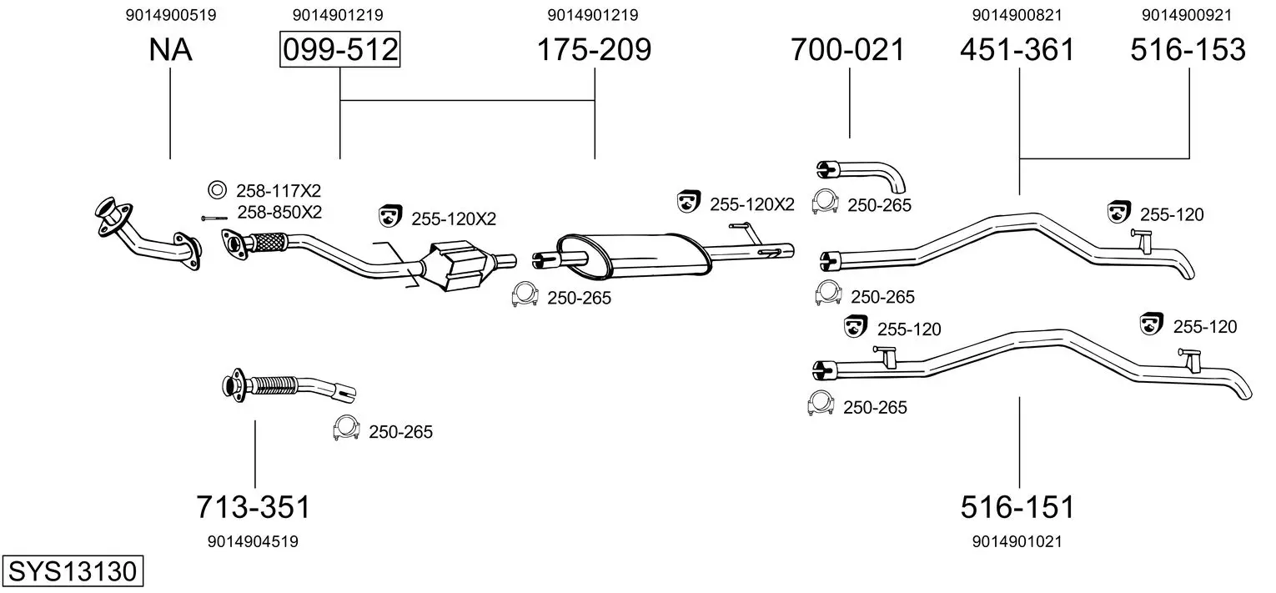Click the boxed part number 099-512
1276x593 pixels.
pyautogui.click(x=340, y=49)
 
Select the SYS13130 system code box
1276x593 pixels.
pyautogui.click(x=73, y=570)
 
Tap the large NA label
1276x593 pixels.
pyautogui.click(x=170, y=49)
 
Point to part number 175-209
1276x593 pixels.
pyautogui.click(x=594, y=49)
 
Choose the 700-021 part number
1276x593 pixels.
pyautogui.click(x=847, y=49)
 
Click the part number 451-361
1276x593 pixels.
pyautogui.click(x=1017, y=49)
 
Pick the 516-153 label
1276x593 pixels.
pyautogui.click(x=1188, y=49)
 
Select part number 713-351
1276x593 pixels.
pyautogui.click(x=254, y=507)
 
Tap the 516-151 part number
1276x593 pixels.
pyautogui.click(x=1017, y=507)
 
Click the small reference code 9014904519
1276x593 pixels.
pyautogui.click(x=253, y=541)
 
